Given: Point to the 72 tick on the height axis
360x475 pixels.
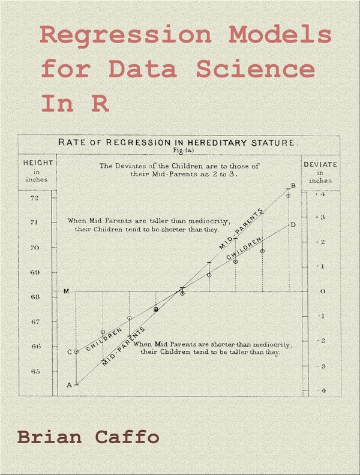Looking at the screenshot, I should (x=34, y=198).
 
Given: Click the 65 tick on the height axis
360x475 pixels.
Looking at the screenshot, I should (x=34, y=371).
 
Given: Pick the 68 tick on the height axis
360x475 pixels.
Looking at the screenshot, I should (x=34, y=297).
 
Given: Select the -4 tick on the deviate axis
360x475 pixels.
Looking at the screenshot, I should (x=322, y=390).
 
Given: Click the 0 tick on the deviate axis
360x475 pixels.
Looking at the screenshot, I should (x=322, y=291).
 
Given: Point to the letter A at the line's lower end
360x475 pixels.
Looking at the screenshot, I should (x=68, y=385).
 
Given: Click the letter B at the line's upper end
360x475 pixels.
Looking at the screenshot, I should (x=293, y=185).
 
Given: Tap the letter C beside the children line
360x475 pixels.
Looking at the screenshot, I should (x=69, y=352).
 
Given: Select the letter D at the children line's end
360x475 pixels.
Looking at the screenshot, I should (x=293, y=224).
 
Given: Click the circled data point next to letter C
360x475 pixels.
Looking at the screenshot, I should (x=77, y=351).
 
